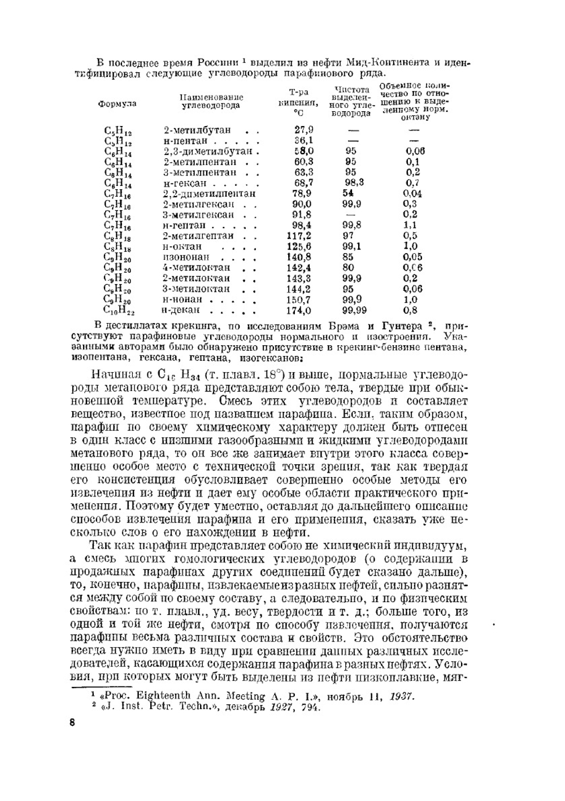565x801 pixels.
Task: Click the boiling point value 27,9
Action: point(304,130)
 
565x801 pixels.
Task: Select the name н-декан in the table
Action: point(181,310)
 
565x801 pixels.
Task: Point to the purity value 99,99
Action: point(354,310)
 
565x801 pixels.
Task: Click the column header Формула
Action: point(117,104)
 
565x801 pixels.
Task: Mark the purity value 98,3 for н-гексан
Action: point(354,183)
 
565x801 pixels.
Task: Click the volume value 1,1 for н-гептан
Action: point(411,225)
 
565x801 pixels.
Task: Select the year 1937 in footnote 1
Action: point(402,696)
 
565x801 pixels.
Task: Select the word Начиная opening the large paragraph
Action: point(112,375)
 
